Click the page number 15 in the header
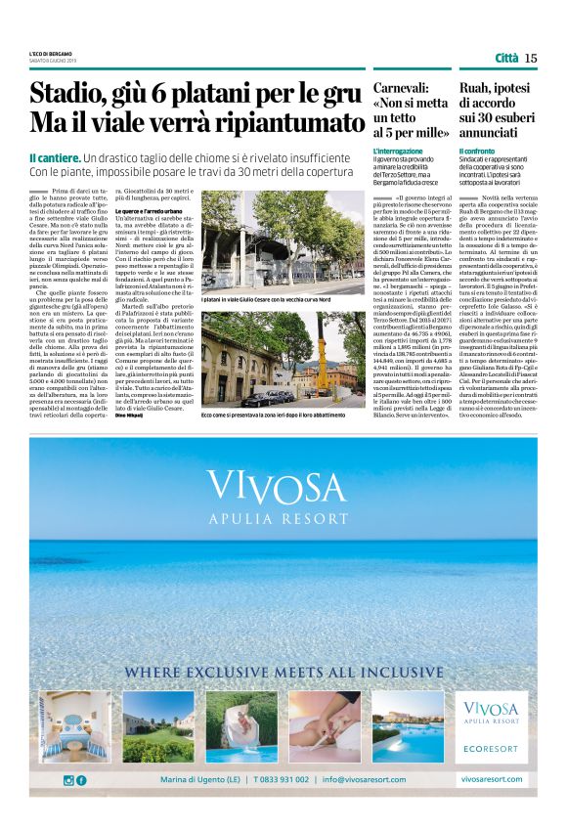click(530, 58)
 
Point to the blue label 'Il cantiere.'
click(53, 157)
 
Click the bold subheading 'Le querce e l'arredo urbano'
click(156, 211)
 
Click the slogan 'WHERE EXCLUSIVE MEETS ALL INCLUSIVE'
click(283, 674)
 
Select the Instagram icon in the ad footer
click(67, 779)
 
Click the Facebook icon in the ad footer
click(81, 779)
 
